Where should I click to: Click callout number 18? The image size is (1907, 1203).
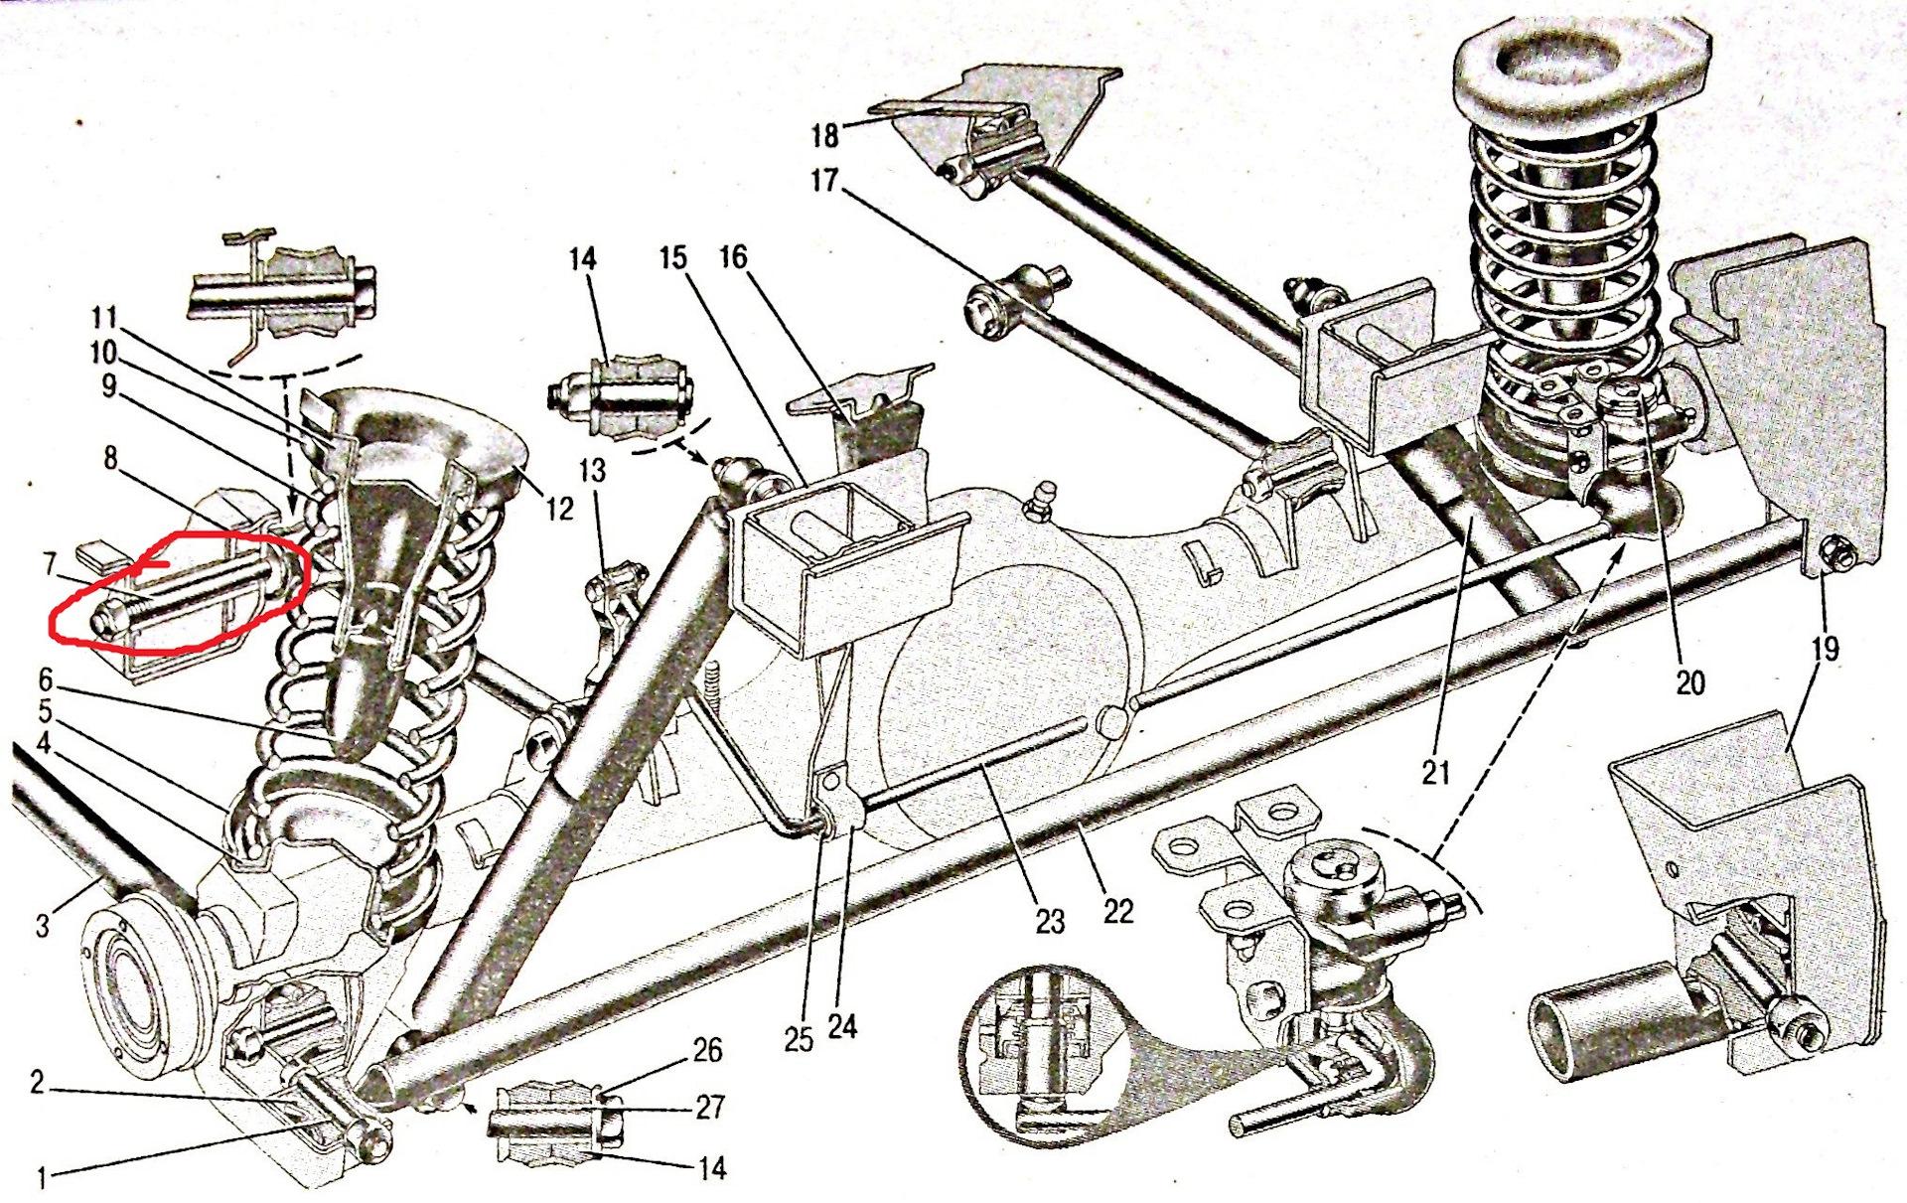click(825, 133)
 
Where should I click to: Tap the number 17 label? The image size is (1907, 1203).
click(824, 182)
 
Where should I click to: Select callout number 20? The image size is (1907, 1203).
click(1689, 681)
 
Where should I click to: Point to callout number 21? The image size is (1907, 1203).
click(1436, 772)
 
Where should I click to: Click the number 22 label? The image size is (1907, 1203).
click(1117, 911)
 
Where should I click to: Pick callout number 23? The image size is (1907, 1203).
click(1049, 921)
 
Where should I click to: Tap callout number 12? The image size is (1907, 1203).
click(559, 509)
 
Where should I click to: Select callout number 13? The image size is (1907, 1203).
click(593, 470)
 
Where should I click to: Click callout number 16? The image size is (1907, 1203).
click(733, 258)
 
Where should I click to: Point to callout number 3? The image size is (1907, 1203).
click(43, 926)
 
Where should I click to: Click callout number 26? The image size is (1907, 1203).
click(707, 1050)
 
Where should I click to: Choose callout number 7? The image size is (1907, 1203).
click(49, 564)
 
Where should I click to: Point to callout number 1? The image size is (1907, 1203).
click(43, 1178)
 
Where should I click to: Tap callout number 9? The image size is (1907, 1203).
click(107, 385)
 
